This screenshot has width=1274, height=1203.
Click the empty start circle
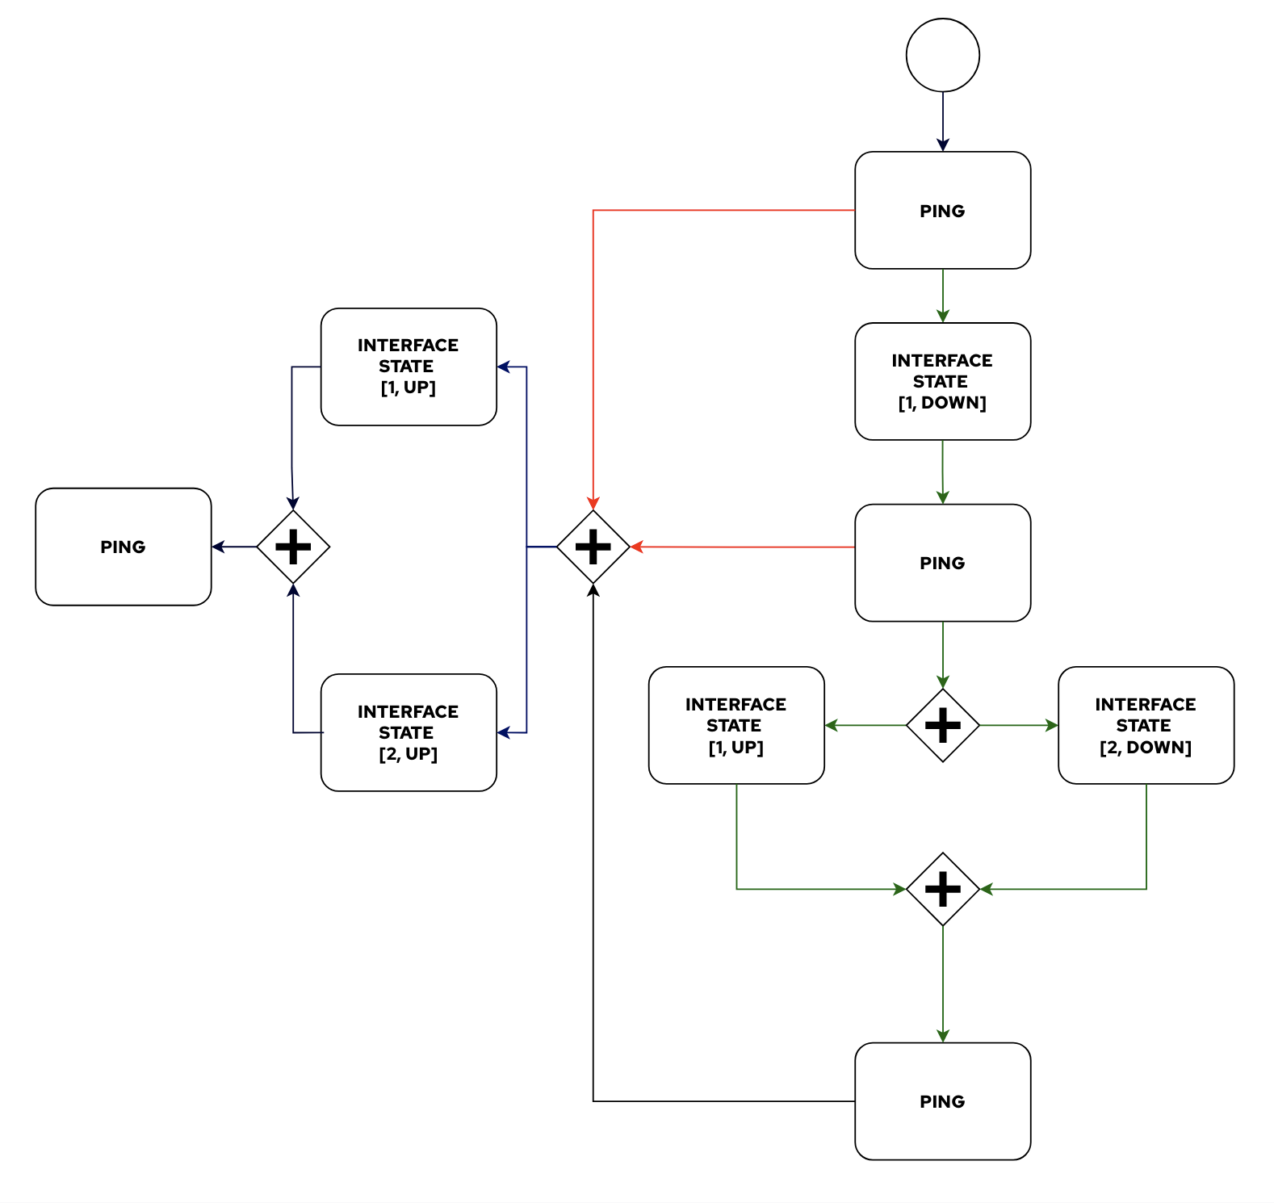[942, 55]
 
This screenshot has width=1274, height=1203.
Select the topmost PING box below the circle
[942, 210]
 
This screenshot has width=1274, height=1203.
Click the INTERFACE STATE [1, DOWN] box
[942, 381]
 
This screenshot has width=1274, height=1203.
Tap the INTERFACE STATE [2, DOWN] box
[1146, 725]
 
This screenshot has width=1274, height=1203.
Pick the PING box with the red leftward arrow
[942, 563]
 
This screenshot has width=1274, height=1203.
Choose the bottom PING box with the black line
[942, 1101]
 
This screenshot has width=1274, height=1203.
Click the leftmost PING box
[124, 547]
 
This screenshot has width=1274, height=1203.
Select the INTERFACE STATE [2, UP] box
[409, 732]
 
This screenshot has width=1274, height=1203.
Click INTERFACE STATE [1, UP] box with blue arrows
[409, 367]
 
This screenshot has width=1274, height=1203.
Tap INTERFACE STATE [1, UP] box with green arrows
[736, 725]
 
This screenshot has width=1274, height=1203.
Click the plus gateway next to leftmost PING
[293, 547]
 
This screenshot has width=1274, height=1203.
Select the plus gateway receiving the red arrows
[593, 547]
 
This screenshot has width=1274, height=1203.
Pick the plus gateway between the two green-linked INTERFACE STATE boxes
[942, 725]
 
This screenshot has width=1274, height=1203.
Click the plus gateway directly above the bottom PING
[942, 889]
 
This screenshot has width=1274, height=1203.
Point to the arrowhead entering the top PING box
[942, 145]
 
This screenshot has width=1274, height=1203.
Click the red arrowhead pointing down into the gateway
[593, 504]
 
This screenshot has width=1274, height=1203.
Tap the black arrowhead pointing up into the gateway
[593, 590]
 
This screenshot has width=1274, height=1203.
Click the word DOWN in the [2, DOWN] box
[1159, 748]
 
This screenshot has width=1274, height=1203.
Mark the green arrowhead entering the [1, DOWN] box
[942, 316]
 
